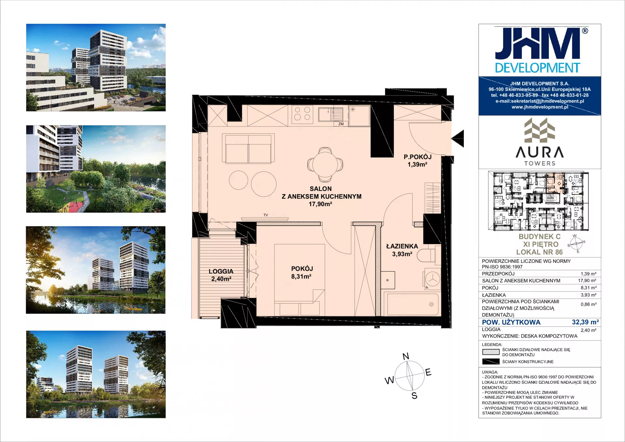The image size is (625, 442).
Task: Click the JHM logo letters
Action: (x=538, y=44)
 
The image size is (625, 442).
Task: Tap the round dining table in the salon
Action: (x=325, y=164)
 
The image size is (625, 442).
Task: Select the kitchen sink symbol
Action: (x=330, y=114)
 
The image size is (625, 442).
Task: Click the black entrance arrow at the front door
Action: (x=458, y=138)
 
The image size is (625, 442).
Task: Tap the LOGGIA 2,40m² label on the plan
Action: (x=221, y=275)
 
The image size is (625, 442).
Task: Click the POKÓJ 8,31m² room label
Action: (x=302, y=273)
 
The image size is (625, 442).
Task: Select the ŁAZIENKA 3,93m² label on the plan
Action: (x=402, y=250)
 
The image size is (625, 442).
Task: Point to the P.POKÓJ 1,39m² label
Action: (x=417, y=161)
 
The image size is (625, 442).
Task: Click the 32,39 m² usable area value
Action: (x=585, y=322)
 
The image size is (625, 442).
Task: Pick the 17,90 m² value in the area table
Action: (x=587, y=280)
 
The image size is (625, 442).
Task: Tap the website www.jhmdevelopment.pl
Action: (x=540, y=107)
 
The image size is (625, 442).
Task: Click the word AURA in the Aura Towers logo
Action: (x=539, y=152)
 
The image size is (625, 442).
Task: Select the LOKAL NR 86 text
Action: (x=539, y=252)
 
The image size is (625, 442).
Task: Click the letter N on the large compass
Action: (x=406, y=356)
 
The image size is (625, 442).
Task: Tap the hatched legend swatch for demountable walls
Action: (x=491, y=352)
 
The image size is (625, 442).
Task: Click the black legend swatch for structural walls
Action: (x=491, y=362)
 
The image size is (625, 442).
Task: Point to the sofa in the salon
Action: (x=248, y=148)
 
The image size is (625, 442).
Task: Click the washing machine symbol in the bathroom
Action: (x=432, y=279)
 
